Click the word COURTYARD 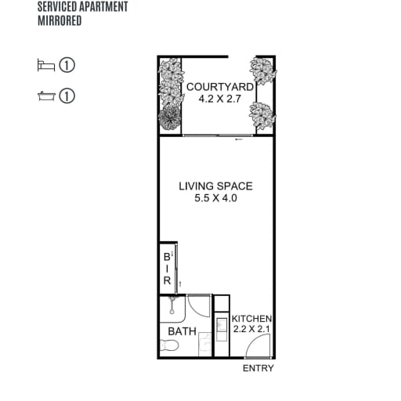coord(220,87)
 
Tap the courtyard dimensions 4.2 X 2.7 coord(219,99)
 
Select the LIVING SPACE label coord(215,186)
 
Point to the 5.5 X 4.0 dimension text coord(215,198)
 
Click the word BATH coord(182,331)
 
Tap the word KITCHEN coord(251,319)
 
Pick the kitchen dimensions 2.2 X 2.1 coord(251,329)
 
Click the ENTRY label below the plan coord(258,368)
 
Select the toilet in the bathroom coord(169,346)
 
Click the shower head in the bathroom coord(172,305)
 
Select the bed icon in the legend coord(46,65)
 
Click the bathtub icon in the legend coord(47,96)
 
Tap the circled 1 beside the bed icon coord(67,65)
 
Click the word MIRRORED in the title coord(60,20)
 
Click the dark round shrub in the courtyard coord(170,117)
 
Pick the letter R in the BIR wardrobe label coord(167,280)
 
